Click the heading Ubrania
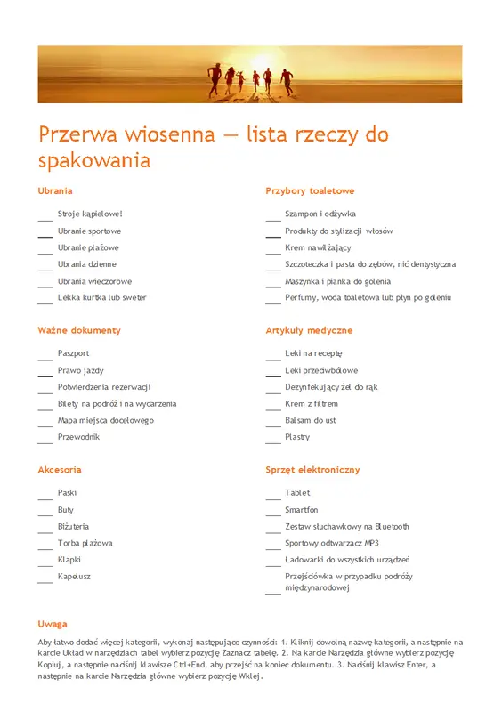(x=55, y=190)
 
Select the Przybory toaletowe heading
(x=310, y=190)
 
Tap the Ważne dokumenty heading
(x=79, y=330)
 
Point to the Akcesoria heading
(x=60, y=469)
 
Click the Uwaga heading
(x=53, y=624)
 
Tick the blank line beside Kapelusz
(x=45, y=580)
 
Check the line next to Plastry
(x=273, y=441)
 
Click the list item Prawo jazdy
(x=81, y=370)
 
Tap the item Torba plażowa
(x=85, y=543)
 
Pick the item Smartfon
(x=302, y=510)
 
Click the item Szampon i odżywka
(x=320, y=214)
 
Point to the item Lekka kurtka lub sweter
(x=102, y=297)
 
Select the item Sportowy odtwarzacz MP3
(x=332, y=543)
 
